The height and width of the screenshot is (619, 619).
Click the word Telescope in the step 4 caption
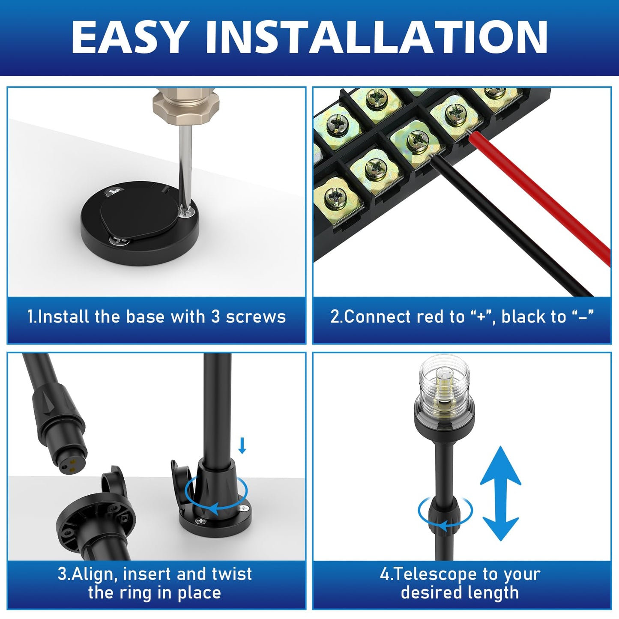pos(440,574)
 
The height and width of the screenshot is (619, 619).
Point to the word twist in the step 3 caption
pos(232,574)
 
